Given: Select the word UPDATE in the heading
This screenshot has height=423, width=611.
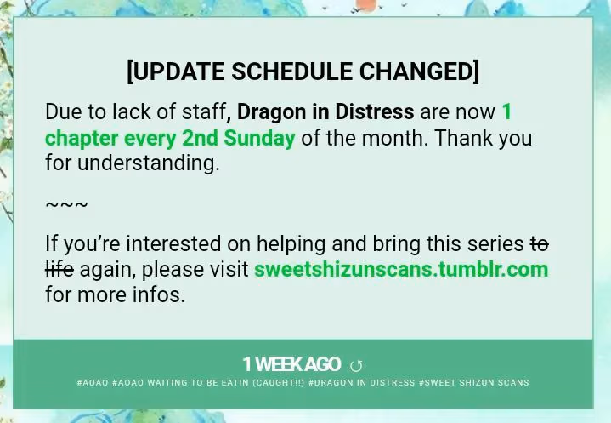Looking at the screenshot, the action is coord(180,71).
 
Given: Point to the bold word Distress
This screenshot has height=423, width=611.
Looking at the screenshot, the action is coord(375,112).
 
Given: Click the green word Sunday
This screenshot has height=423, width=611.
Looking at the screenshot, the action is coord(259,139).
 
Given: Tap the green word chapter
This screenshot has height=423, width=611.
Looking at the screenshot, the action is coord(82,139).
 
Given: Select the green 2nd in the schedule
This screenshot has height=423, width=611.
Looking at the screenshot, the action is coord(200,138).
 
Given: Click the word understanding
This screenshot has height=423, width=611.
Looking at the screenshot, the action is coord(149,163).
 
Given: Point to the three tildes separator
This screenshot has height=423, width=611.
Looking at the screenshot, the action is coord(66,204).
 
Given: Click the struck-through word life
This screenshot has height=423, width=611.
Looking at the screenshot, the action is coord(59,269).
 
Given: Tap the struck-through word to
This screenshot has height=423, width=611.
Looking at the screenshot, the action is coord(540,244).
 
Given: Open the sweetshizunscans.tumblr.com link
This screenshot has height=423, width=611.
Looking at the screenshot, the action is coord(401,269).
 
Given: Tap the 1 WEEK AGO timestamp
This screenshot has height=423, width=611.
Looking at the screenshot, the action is coord(291,364).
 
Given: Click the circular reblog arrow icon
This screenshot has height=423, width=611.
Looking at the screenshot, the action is coord(356,366).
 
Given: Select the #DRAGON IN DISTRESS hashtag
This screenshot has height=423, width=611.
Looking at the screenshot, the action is coord(362,382).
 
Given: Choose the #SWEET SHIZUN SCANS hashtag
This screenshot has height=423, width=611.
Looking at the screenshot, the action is coord(474,382).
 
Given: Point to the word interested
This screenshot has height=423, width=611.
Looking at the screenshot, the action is coord(174,244).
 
